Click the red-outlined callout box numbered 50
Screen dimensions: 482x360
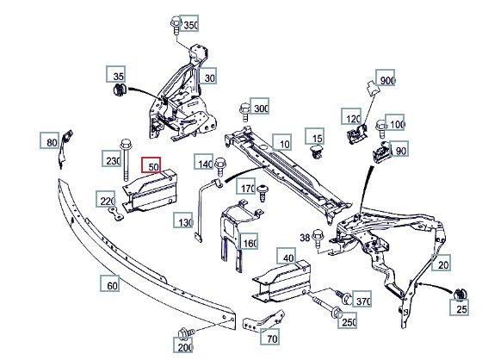click(151, 165)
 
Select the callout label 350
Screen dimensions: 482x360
click(188, 23)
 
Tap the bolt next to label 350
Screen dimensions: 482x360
click(176, 26)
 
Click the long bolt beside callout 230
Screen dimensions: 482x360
click(126, 160)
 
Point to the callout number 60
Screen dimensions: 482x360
click(110, 283)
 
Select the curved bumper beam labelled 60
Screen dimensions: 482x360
click(145, 257)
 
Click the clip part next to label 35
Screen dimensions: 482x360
click(120, 90)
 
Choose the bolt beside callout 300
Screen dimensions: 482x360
click(244, 112)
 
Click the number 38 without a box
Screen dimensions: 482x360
click(305, 238)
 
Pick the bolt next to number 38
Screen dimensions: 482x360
click(318, 239)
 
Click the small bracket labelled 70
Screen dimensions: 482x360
click(263, 320)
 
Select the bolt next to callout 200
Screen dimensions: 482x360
click(186, 333)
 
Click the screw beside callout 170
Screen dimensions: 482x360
click(262, 193)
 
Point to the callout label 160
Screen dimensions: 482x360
click(249, 241)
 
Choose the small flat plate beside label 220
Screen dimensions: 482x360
click(116, 214)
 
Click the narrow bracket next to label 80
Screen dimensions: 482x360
click(65, 148)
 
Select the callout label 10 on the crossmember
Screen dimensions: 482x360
click(282, 142)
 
